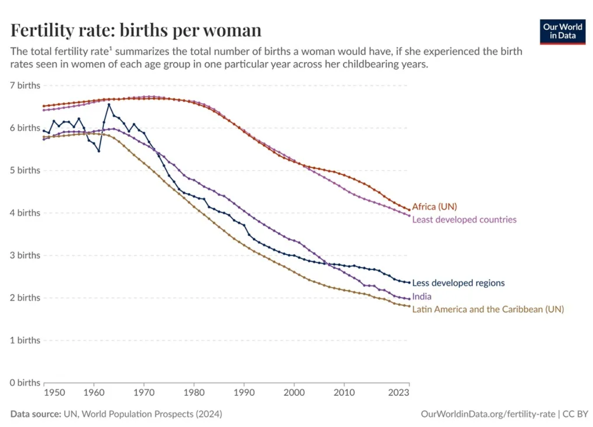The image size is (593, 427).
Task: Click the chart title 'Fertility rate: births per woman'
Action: pyautogui.click(x=136, y=30)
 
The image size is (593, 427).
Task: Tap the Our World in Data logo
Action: pyautogui.click(x=563, y=31)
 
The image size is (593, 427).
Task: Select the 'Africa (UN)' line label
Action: pyautogui.click(x=435, y=207)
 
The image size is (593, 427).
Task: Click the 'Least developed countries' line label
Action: pyautogui.click(x=464, y=220)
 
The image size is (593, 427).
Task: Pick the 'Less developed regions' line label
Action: pyautogui.click(x=458, y=283)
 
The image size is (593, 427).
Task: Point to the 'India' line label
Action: pyautogui.click(x=422, y=297)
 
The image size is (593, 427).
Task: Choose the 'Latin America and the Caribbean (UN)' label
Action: pyautogui.click(x=488, y=309)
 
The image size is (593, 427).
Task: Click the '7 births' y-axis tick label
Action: pyautogui.click(x=25, y=85)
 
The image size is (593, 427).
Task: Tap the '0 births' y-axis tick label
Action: pyautogui.click(x=25, y=383)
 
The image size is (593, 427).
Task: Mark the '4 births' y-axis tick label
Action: pyautogui.click(x=25, y=213)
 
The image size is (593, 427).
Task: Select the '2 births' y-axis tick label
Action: pyautogui.click(x=25, y=298)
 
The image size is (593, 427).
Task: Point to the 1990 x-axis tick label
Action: pyautogui.click(x=244, y=392)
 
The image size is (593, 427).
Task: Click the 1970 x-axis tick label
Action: pyautogui.click(x=144, y=392)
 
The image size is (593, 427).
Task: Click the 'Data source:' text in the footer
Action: pyautogui.click(x=36, y=414)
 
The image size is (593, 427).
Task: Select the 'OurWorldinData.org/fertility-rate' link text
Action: pyautogui.click(x=488, y=414)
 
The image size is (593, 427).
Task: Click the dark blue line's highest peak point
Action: pyautogui.click(x=109, y=105)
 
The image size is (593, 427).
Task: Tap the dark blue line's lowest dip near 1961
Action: pyautogui.click(x=99, y=151)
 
